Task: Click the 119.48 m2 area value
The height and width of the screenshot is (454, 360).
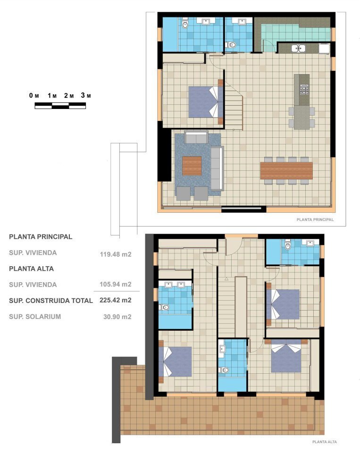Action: coord(115,254)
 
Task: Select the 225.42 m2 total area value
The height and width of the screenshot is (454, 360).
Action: coord(115,300)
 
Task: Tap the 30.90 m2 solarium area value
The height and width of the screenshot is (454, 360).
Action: coord(117,317)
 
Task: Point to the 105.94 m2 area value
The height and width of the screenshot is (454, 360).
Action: coord(115,285)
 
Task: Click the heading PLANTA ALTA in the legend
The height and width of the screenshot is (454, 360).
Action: coord(31,269)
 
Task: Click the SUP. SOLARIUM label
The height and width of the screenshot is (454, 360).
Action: coord(35,316)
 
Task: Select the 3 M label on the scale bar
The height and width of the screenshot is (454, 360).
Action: coord(85,95)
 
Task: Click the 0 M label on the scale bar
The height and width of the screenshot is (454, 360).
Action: coord(34,95)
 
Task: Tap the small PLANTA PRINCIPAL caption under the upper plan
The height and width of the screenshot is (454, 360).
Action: coord(315,219)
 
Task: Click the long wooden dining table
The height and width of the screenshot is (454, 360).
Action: coord(286,170)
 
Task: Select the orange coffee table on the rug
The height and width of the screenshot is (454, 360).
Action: coord(192,166)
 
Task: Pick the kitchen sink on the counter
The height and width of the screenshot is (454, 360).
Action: coord(299,48)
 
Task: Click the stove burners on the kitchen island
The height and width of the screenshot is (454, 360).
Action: coord(304,88)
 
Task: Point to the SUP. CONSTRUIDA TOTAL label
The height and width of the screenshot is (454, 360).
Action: coord(50,300)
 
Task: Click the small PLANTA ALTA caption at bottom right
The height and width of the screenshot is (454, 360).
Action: coord(325,442)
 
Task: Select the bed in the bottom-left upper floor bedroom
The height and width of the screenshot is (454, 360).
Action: coord(176,362)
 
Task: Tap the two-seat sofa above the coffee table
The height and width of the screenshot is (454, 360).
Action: coord(195,137)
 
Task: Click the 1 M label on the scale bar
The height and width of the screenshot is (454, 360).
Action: coord(52,95)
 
